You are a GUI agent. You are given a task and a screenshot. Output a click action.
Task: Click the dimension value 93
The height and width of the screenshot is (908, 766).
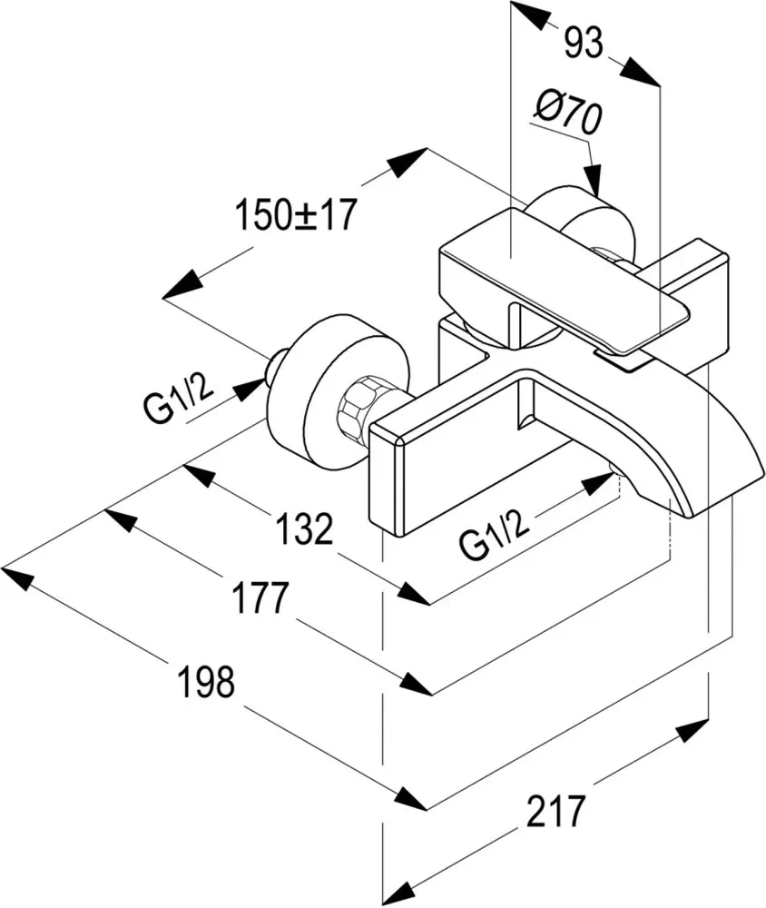click(584, 44)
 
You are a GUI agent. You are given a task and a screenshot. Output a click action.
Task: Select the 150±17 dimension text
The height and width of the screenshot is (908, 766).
click(295, 214)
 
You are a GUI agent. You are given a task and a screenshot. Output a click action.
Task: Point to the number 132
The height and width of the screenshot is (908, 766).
click(305, 528)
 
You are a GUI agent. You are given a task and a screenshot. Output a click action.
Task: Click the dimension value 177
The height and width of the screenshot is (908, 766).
click(260, 597)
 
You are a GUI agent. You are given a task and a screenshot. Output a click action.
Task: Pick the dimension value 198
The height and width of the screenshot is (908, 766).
click(206, 681)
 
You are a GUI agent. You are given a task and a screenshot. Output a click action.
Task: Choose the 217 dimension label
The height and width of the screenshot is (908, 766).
click(555, 811)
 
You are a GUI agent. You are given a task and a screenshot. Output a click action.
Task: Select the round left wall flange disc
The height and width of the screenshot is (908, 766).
click(339, 390)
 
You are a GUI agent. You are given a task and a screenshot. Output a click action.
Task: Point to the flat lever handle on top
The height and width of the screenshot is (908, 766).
click(565, 281)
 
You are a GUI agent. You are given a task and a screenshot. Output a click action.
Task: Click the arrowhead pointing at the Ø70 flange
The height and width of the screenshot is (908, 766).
click(592, 180)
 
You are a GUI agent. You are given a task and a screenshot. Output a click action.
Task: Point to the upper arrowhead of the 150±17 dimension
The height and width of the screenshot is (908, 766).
click(409, 163)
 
